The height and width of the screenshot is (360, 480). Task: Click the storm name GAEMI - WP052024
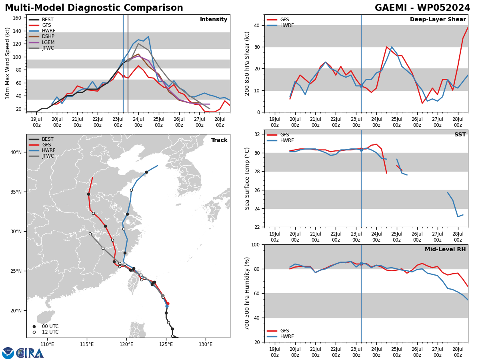(x=422, y=8)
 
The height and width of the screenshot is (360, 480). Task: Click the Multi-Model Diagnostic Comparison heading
(x=94, y=8)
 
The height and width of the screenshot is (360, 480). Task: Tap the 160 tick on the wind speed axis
(x=17, y=18)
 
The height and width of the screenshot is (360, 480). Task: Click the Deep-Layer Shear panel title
(x=438, y=19)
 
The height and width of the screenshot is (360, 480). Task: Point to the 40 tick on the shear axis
(x=256, y=25)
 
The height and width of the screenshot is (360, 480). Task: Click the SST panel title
(x=460, y=134)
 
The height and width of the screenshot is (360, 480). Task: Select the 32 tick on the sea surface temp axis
(x=256, y=134)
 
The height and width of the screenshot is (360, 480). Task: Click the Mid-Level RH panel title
(x=445, y=249)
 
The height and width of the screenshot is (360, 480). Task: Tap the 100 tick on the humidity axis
(x=255, y=244)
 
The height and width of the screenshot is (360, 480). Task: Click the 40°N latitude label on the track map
(x=16, y=152)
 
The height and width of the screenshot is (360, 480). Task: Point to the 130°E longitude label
(x=206, y=344)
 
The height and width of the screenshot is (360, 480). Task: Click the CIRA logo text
(x=30, y=353)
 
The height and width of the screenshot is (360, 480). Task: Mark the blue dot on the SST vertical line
(x=361, y=150)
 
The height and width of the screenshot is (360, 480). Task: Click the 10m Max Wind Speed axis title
(x=7, y=63)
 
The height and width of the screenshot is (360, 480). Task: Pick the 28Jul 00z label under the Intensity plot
(x=220, y=122)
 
